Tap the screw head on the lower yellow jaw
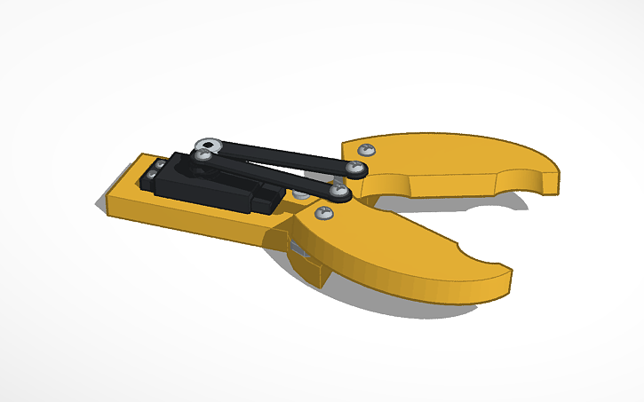point(325,213)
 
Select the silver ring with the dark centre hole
point(210,144)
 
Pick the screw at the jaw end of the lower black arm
point(340,190)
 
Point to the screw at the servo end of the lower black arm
point(203,156)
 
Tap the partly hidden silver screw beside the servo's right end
point(300,193)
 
